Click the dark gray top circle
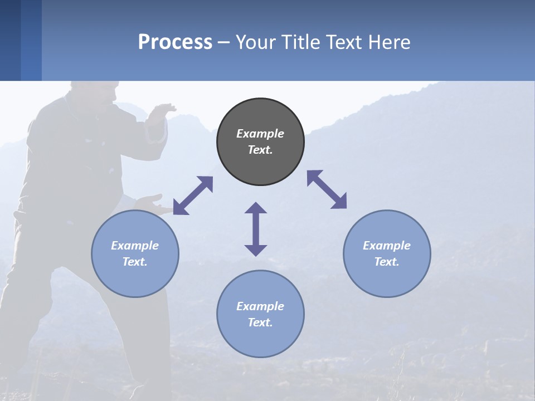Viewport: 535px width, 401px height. pos(260,142)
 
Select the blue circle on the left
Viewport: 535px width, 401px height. pos(135,253)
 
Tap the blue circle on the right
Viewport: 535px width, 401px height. pos(387,253)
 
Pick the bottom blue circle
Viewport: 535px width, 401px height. pos(260,314)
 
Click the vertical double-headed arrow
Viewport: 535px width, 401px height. pos(256,229)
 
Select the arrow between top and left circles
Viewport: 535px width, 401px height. pos(193,195)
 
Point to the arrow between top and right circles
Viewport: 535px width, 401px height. pos(327,189)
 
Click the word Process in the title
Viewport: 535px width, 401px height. pos(175,42)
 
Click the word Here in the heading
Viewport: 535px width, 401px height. pos(390,42)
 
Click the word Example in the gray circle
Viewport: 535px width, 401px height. pos(260,134)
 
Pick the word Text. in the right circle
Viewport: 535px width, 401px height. pos(387,262)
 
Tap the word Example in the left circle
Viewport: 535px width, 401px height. pos(135,246)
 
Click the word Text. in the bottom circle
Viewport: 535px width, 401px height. pos(260,322)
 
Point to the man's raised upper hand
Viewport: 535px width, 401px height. pos(164,109)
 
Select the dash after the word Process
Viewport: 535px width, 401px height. pos(224,42)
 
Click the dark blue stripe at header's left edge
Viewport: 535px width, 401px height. pos(10,40)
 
